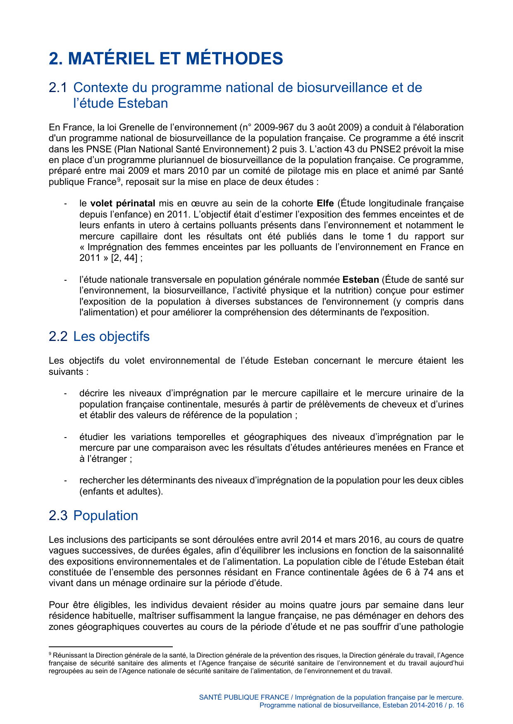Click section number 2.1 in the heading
tap(58, 88)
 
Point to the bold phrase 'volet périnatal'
tap(122, 203)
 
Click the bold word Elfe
tap(325, 203)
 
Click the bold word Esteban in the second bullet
tap(360, 280)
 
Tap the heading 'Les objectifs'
tap(111, 336)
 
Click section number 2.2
tap(58, 336)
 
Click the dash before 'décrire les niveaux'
tap(65, 393)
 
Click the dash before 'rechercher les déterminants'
tap(65, 480)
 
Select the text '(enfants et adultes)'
tap(121, 492)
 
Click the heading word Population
tap(105, 516)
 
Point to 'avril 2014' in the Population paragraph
tap(301, 540)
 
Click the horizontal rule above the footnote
tap(110, 647)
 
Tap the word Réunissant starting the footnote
tap(70, 655)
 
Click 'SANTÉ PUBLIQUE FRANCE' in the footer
tap(244, 697)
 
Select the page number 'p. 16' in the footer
tap(456, 705)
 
